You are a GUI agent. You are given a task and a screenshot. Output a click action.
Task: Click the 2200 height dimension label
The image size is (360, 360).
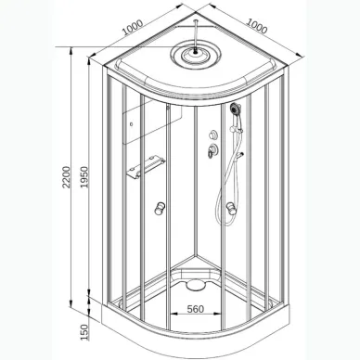coord(67,177)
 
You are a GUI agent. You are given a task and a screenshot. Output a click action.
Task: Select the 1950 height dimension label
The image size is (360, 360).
coord(84,177)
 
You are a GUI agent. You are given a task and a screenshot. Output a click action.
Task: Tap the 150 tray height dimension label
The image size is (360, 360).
coord(84,332)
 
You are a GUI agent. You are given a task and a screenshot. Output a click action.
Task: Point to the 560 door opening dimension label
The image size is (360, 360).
coord(196,309)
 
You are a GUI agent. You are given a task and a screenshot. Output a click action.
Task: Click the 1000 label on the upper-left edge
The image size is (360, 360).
coord(133,27)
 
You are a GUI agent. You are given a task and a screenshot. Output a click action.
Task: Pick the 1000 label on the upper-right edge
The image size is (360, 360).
coord(256,26)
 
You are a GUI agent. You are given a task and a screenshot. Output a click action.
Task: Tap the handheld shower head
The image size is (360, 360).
coord(235,109)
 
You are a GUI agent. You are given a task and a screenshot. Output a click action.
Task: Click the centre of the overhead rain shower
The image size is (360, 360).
coord(196,55)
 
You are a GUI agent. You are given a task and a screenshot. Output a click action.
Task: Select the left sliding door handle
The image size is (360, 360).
coord(160,208)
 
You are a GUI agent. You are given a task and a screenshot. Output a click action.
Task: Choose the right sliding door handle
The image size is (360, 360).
coord(231,208)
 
